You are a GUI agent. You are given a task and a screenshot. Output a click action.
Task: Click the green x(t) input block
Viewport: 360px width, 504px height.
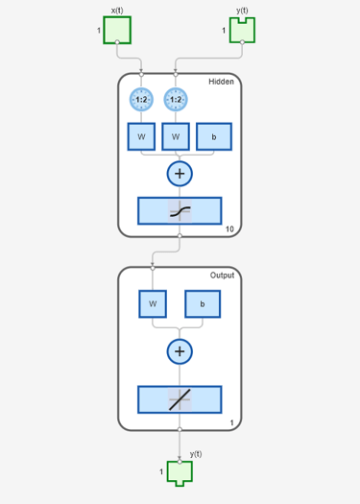coord(117,30)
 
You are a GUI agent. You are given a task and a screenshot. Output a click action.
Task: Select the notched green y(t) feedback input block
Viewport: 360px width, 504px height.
coord(242,31)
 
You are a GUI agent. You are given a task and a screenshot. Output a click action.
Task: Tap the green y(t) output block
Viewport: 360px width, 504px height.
coord(180,472)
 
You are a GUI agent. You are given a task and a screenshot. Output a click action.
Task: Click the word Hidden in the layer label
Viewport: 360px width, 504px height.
coord(221,82)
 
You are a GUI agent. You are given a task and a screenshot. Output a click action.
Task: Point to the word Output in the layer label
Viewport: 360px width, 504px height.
coord(222,276)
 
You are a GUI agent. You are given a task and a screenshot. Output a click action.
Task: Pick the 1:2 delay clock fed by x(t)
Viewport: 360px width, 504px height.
coord(141,100)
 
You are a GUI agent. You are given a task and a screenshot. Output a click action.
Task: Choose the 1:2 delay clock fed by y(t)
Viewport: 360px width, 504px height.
coord(176,100)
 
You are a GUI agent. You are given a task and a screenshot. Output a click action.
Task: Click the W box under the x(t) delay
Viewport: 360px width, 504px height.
coord(141,136)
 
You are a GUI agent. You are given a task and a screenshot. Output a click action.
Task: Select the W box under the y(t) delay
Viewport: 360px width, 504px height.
coord(176,136)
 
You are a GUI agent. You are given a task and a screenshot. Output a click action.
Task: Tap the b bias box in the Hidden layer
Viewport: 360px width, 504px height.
coord(214,136)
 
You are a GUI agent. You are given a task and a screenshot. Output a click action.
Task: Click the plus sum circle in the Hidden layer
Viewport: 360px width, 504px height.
coord(180,174)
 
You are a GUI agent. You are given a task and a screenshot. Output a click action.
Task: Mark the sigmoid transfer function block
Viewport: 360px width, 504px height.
coord(180,211)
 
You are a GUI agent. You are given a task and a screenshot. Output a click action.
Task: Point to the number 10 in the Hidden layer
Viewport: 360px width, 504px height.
coord(229,229)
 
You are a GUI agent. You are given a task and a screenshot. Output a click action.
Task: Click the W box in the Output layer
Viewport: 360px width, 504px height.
coord(153,304)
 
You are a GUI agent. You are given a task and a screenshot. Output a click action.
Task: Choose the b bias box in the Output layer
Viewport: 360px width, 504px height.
coord(203,304)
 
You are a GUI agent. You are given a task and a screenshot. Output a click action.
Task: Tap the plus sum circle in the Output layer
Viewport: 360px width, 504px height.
coord(180,351)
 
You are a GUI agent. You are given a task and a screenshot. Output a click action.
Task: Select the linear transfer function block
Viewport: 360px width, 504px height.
coord(180,399)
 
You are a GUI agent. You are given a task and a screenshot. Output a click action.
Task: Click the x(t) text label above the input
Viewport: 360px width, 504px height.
coord(117,11)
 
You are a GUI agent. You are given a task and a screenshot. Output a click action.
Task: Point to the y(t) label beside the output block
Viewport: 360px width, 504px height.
coord(196,454)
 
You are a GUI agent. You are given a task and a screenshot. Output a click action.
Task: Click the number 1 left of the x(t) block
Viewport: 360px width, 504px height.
coord(99,30)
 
